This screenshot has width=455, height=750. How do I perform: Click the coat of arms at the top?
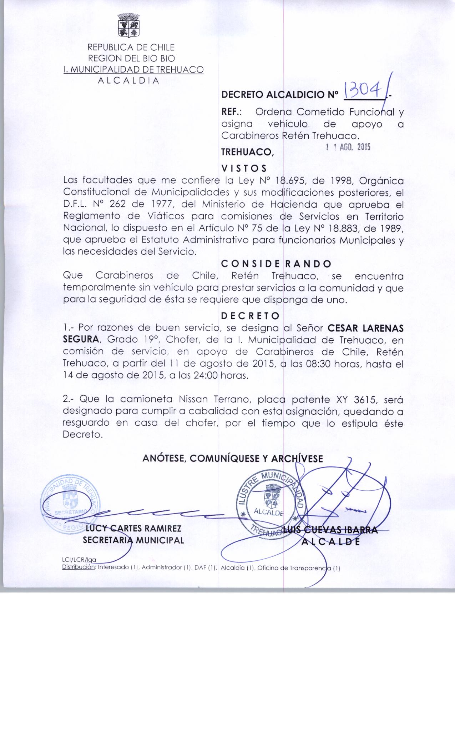tap(128, 25)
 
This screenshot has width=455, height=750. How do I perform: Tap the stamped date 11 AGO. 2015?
tap(348, 147)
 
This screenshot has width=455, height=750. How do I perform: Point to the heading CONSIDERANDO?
tap(276, 264)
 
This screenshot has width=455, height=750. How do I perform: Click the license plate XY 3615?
tap(359, 399)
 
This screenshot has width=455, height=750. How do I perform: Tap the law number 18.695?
tap(292, 181)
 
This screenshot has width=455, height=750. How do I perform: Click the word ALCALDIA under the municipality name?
tap(128, 81)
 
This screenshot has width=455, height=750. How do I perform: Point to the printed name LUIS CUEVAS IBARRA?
tap(330, 530)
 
